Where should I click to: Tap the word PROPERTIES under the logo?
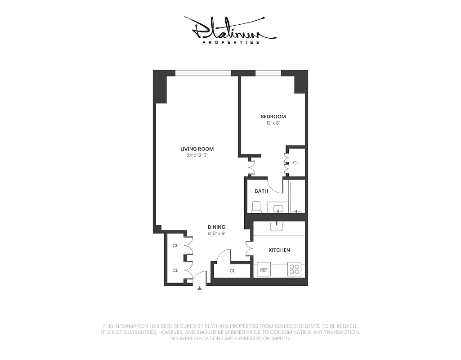click(231, 42)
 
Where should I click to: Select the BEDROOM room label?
click(273, 117)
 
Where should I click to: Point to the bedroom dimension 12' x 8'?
click(273, 123)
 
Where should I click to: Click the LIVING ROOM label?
click(197, 149)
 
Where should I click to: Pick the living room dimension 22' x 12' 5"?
click(197, 155)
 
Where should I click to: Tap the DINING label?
click(216, 227)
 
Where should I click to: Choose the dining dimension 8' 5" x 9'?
click(216, 234)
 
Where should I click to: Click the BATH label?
click(261, 191)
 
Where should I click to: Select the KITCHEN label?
click(279, 250)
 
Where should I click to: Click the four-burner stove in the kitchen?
click(294, 270)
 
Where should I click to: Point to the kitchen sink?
click(277, 226)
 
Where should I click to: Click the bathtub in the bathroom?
click(296, 196)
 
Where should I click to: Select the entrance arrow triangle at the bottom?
click(200, 288)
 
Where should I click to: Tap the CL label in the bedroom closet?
click(295, 162)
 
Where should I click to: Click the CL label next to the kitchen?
click(232, 271)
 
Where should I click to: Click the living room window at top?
click(203, 72)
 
